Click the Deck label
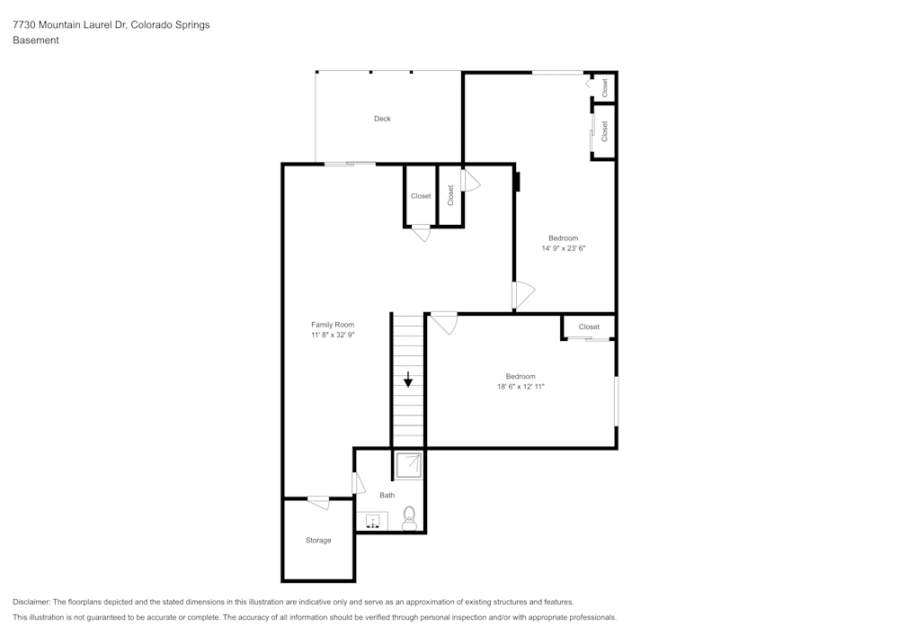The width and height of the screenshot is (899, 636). point(382,119)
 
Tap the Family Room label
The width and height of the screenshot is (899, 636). point(333,325)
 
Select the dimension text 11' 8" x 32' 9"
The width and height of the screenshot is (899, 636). point(334,335)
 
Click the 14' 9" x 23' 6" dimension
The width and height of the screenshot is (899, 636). point(564,248)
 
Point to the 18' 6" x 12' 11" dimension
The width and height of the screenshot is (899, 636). point(521,387)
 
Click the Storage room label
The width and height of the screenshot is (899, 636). point(318,541)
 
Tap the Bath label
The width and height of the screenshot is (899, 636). point(387,495)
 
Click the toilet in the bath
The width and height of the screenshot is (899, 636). point(409,518)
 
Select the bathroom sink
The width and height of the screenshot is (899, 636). point(373,521)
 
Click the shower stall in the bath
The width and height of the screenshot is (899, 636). point(408,465)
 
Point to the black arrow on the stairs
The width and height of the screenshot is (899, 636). point(407,379)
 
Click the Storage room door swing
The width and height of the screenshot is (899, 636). point(319,503)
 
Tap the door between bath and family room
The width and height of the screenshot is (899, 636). point(358,483)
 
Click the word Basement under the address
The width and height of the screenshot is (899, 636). point(36,40)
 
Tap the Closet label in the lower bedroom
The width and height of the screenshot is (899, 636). point(589,327)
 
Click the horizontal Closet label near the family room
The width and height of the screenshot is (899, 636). point(421,196)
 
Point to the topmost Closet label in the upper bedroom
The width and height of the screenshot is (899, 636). point(604,88)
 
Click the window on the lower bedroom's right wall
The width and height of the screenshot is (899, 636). point(617,401)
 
